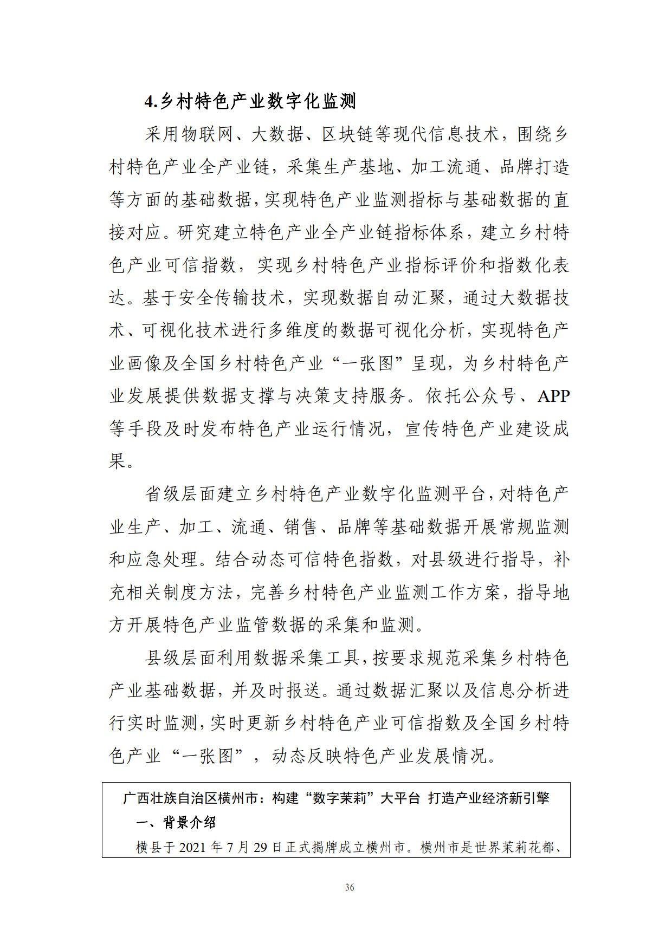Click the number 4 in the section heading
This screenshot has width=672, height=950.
(x=148, y=101)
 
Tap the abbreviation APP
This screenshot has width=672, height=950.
(x=553, y=396)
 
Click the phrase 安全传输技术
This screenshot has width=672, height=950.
(x=229, y=298)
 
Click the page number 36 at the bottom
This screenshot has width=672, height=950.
(x=350, y=887)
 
